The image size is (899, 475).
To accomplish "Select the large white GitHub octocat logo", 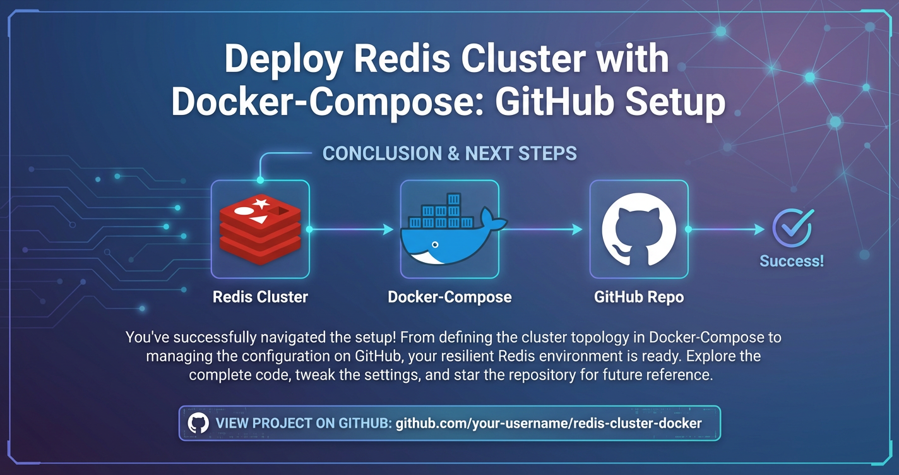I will click(x=639, y=229).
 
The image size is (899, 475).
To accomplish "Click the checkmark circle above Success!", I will click(x=793, y=227).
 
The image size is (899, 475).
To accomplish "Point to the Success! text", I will click(x=792, y=261).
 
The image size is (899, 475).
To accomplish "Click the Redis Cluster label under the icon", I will click(x=260, y=297).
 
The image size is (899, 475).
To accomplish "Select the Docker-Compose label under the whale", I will click(x=449, y=297).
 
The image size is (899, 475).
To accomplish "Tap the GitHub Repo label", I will click(x=639, y=297).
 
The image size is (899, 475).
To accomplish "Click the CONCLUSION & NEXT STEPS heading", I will click(x=449, y=153).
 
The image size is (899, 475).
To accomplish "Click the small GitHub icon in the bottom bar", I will click(x=198, y=423).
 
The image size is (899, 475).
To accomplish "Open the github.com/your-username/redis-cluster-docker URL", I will click(x=548, y=423).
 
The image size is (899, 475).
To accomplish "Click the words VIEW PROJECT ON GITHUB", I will click(x=303, y=423).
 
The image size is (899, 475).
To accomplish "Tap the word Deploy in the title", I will click(x=283, y=60).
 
